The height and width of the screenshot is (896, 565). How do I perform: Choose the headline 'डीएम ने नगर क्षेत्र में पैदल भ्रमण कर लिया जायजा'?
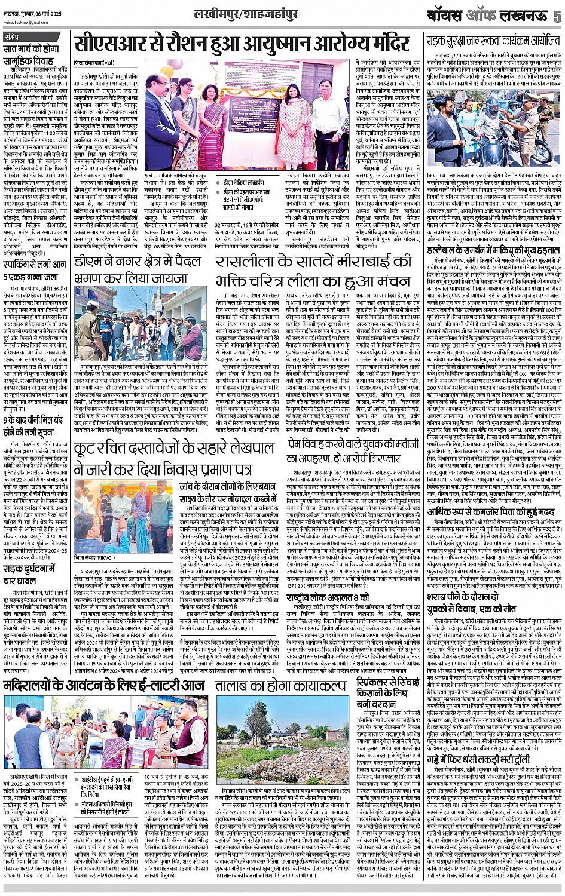coord(142,269)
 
